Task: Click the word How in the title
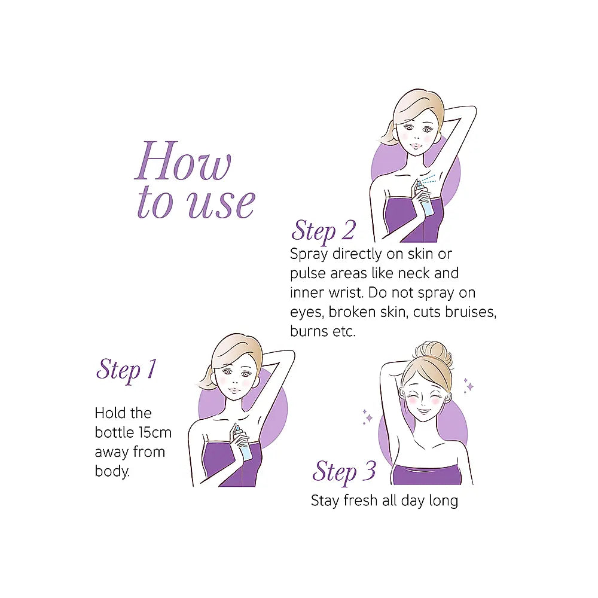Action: click(x=183, y=160)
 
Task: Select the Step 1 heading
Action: click(x=126, y=370)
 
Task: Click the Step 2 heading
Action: click(x=324, y=231)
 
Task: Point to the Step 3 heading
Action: click(x=344, y=471)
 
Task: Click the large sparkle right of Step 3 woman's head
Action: click(x=470, y=387)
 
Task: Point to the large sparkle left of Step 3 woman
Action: click(x=368, y=419)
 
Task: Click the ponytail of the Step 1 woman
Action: click(x=207, y=377)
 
